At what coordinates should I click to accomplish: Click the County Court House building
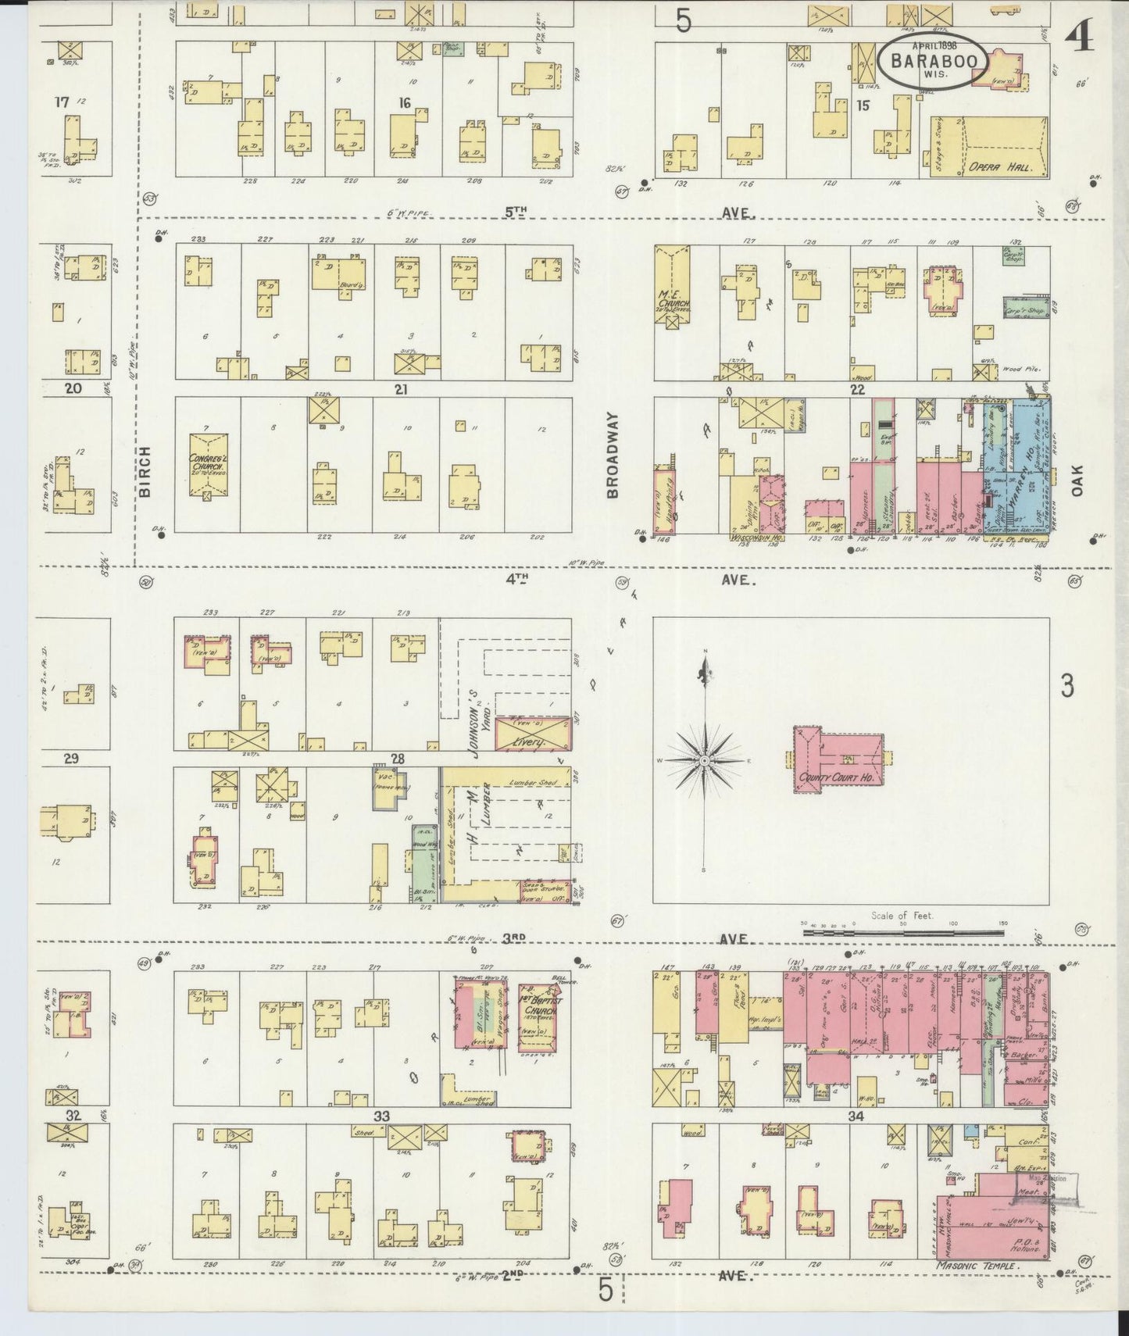tap(837, 759)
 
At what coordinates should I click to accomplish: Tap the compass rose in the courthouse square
tap(705, 759)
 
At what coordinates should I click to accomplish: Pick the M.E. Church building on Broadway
tap(671, 288)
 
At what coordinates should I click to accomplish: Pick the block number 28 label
tap(398, 759)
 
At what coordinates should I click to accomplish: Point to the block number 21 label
tap(402, 389)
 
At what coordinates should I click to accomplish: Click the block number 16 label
tap(405, 103)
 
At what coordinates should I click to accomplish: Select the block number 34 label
tap(856, 1116)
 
